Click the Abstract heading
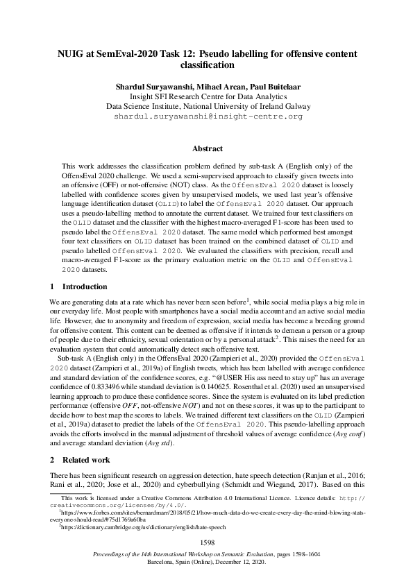[x=208, y=148]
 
